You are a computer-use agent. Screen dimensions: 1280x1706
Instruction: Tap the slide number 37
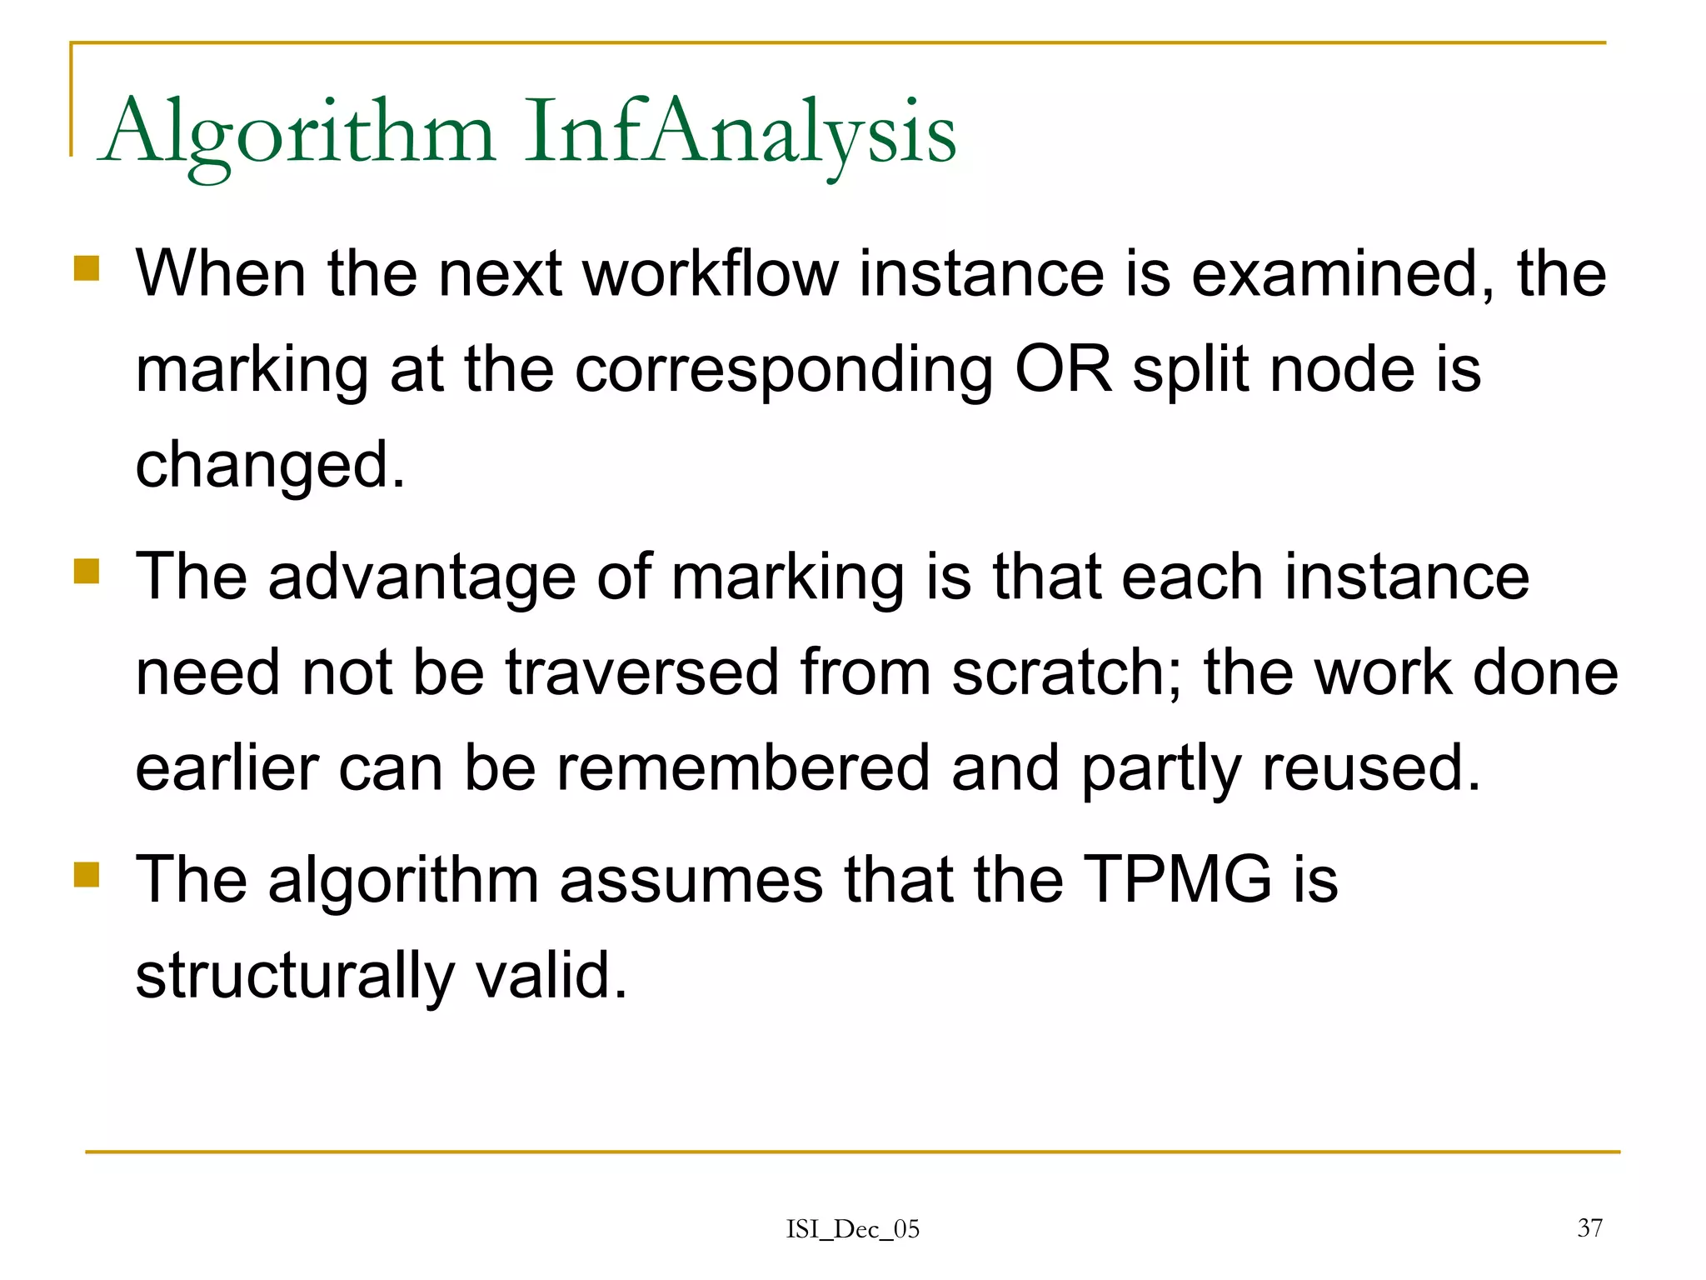point(1589,1227)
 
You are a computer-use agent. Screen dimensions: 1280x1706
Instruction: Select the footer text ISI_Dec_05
point(853,1229)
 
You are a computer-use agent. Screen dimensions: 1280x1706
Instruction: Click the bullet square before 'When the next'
point(87,268)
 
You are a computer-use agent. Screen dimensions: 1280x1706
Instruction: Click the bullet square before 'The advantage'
point(87,572)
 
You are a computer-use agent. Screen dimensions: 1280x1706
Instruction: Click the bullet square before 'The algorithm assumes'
point(87,875)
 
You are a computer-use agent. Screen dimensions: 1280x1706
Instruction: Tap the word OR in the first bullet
point(1063,369)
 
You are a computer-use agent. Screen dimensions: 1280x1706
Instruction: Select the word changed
point(269,465)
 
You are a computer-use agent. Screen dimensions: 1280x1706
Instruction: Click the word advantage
point(422,577)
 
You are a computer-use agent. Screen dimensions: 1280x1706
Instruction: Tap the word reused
point(1370,768)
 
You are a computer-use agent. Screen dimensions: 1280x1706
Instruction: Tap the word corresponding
point(784,369)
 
